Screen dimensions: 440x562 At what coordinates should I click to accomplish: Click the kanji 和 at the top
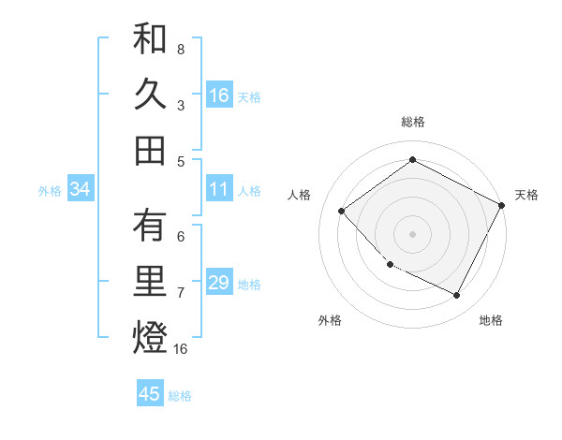[150, 40]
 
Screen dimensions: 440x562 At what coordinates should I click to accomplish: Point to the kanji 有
[150, 227]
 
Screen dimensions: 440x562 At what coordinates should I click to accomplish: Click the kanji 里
[150, 283]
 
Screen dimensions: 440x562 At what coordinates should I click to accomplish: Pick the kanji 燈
[150, 338]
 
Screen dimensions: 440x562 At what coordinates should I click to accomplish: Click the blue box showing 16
[219, 95]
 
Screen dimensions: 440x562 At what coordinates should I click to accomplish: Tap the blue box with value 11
[219, 189]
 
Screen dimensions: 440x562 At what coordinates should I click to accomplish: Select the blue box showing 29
[219, 283]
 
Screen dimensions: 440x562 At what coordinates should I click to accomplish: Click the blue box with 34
[81, 189]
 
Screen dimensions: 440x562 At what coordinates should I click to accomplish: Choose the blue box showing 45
[150, 393]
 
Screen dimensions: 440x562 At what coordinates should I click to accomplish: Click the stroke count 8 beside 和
[181, 48]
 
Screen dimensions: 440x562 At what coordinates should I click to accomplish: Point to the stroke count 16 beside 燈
[181, 349]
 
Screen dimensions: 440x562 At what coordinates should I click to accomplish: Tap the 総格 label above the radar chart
[413, 122]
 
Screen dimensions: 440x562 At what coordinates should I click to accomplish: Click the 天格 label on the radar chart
[526, 195]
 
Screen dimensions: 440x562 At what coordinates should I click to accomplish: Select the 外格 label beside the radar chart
[330, 320]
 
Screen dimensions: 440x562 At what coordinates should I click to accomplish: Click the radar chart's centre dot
[412, 233]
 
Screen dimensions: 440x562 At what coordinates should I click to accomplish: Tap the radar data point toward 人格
[342, 211]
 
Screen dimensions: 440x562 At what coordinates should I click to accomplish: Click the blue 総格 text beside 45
[180, 395]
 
